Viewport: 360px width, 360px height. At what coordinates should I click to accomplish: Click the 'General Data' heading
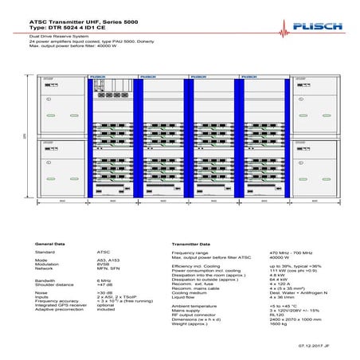click(49, 244)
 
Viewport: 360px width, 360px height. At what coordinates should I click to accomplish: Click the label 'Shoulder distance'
click(53, 284)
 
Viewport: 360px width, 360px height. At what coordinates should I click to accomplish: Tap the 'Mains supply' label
click(188, 309)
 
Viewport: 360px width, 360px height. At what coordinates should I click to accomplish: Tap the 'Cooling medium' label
click(190, 293)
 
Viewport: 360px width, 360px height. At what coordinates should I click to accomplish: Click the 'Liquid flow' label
click(186, 297)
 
